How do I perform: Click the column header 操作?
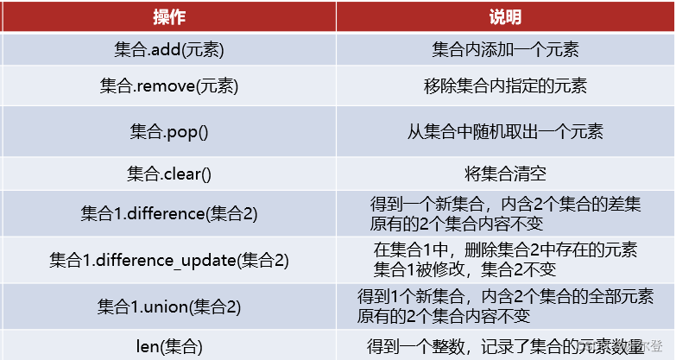pos(168,16)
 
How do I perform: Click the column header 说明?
pos(505,16)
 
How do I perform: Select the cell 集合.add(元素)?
pos(168,50)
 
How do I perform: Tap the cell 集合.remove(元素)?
pos(168,87)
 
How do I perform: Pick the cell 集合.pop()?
pos(168,132)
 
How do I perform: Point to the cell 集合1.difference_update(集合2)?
pos(168,259)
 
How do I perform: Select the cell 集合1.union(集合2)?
pos(168,305)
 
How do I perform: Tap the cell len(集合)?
pos(168,346)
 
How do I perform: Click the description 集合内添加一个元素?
pos(505,50)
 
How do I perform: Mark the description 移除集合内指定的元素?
pos(505,87)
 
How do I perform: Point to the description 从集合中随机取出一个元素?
pos(505,132)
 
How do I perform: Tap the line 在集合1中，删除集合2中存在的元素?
pos(505,249)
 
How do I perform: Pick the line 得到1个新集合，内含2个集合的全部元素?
pos(505,295)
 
